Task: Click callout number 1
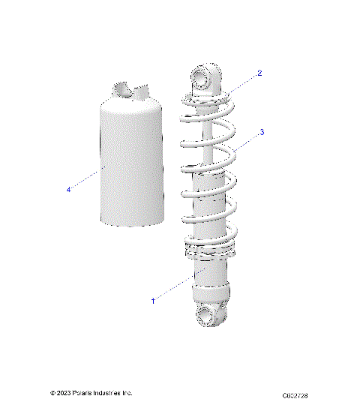153,300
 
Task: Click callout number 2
259,73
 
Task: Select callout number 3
261,131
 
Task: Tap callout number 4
68,190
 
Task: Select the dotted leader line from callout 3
247,142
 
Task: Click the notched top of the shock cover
128,91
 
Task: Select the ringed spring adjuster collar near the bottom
208,253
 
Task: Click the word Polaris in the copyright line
84,392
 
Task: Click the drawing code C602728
295,394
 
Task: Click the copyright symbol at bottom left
52,392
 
